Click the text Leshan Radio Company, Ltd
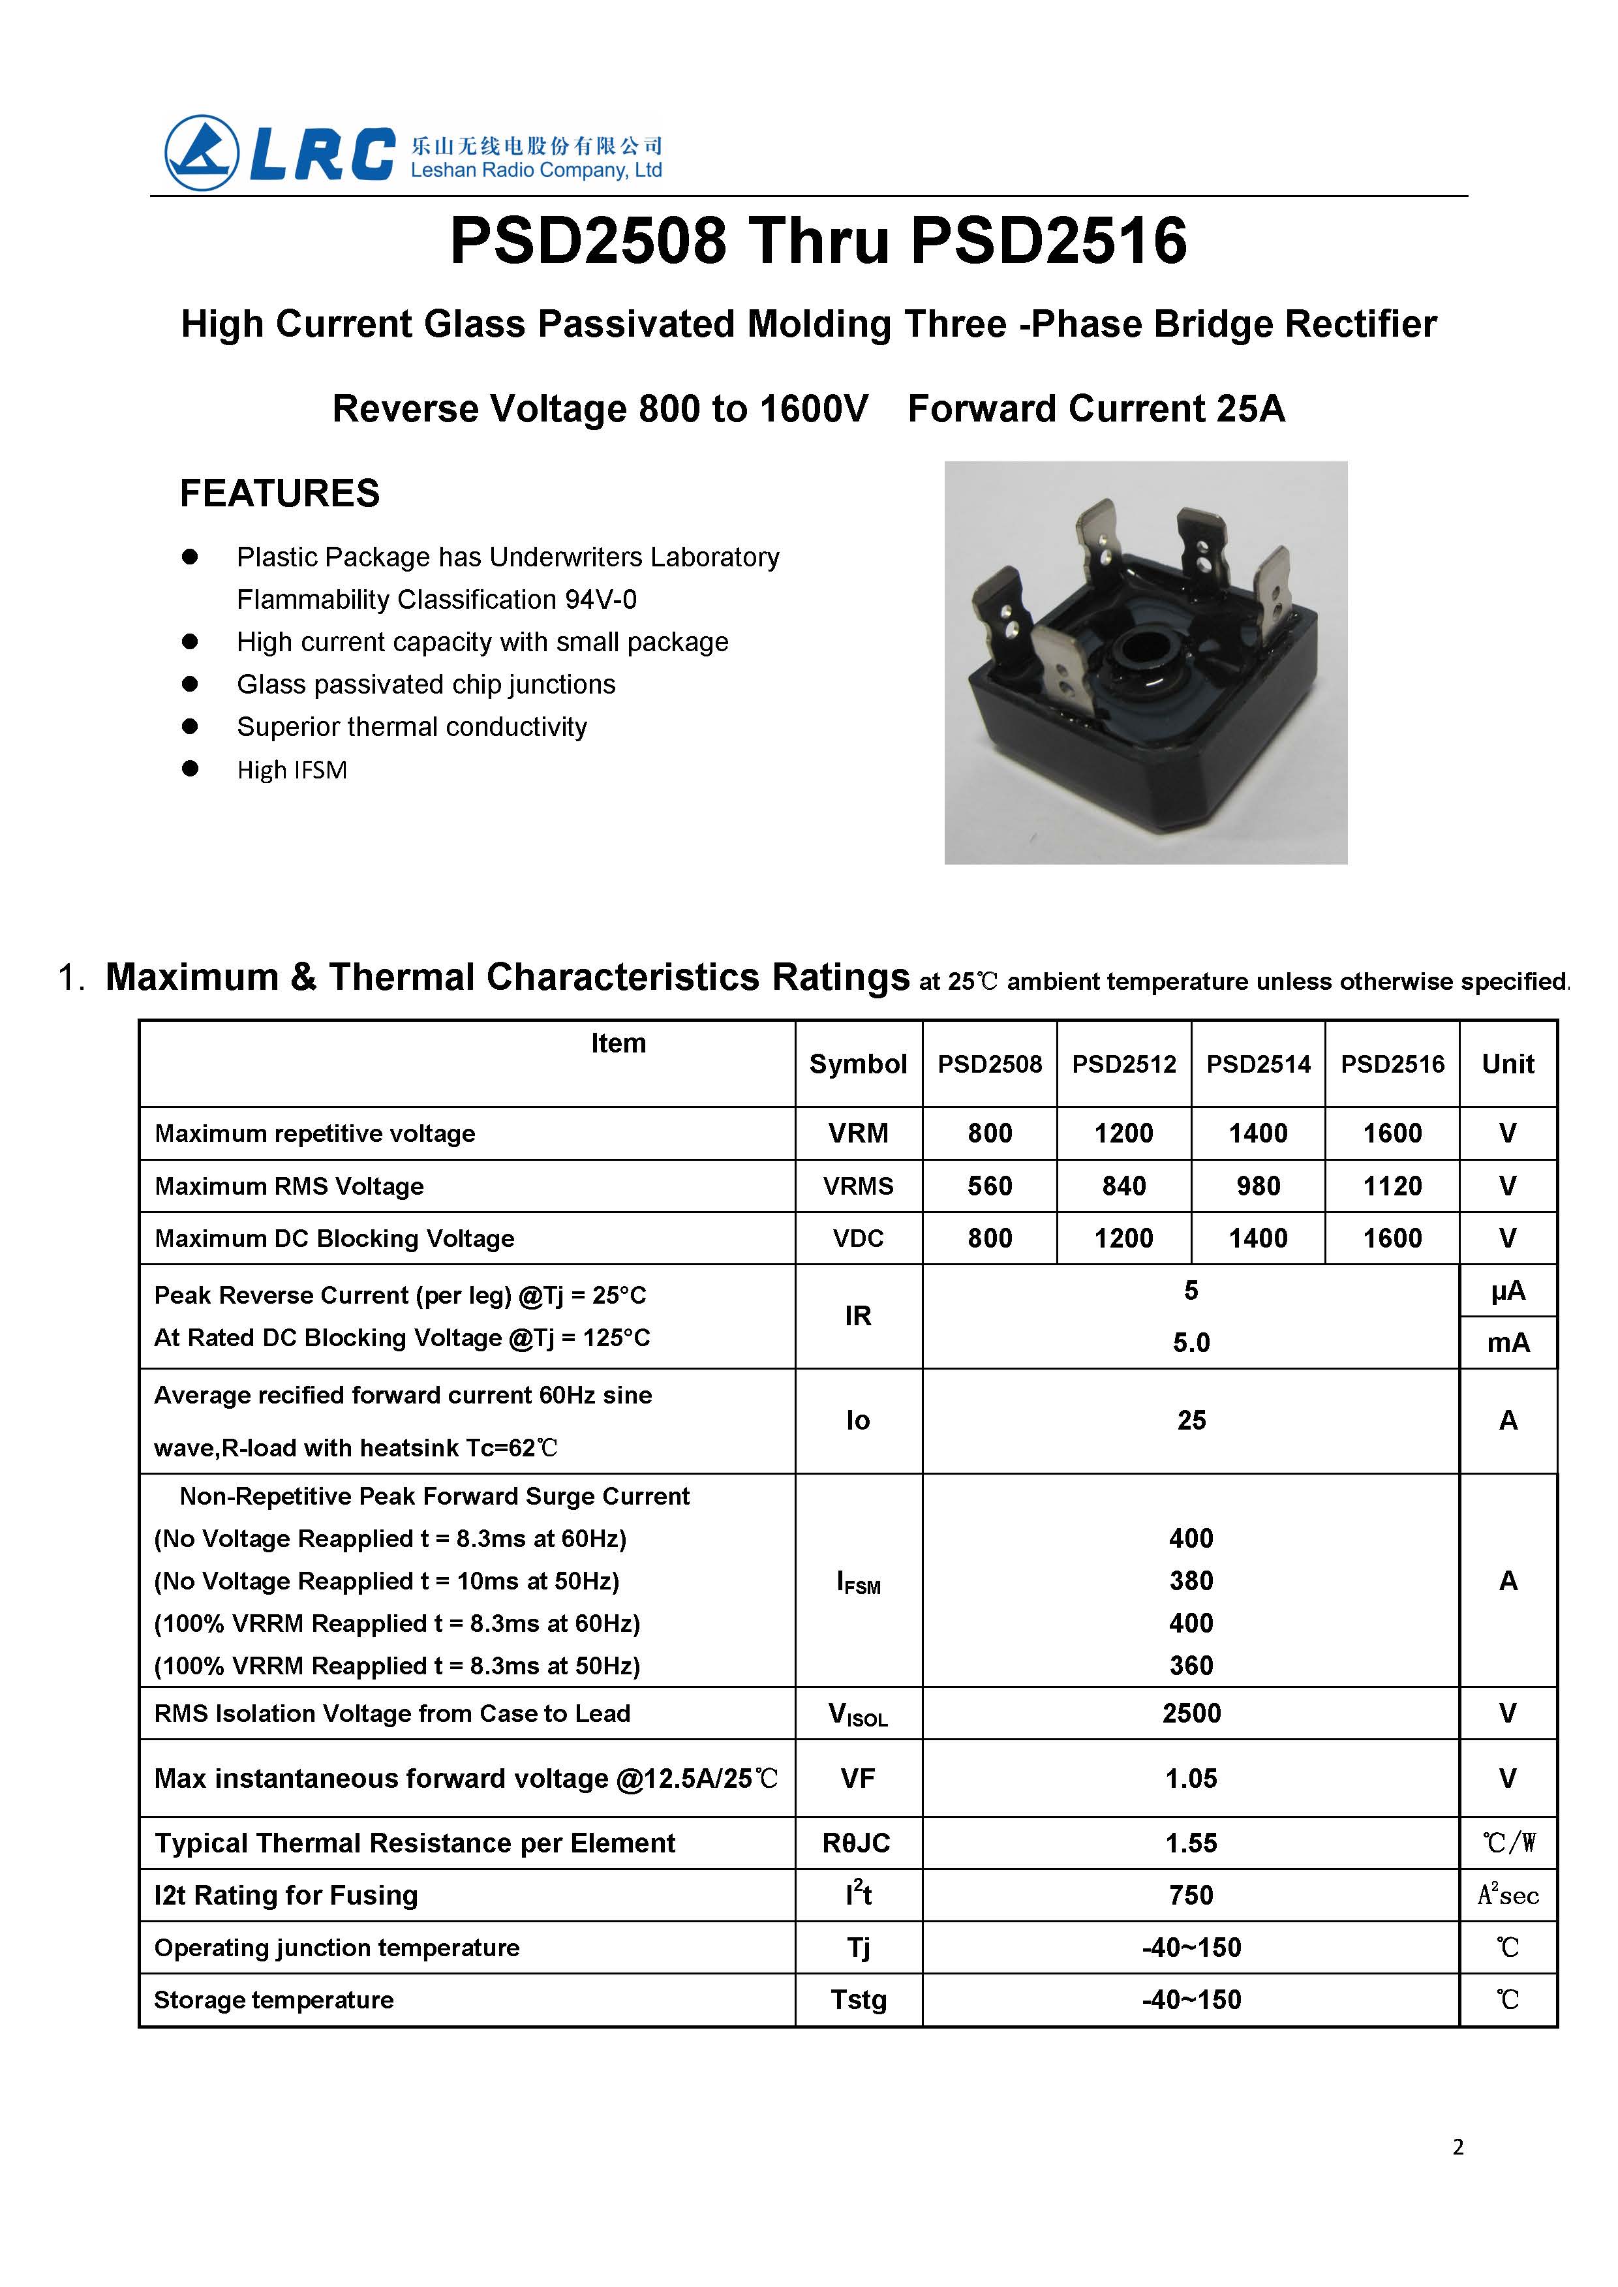click(536, 170)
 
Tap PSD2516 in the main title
click(1048, 241)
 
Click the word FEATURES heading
click(279, 493)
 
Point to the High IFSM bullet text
click(292, 771)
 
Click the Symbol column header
click(858, 1064)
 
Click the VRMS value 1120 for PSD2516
click(1392, 1186)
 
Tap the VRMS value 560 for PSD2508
click(989, 1186)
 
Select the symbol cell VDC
click(858, 1238)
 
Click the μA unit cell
click(1507, 1291)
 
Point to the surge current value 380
click(1191, 1580)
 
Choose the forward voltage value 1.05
click(1191, 1778)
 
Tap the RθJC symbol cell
click(857, 1843)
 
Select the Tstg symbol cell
click(858, 1999)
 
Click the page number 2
click(1458, 2147)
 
